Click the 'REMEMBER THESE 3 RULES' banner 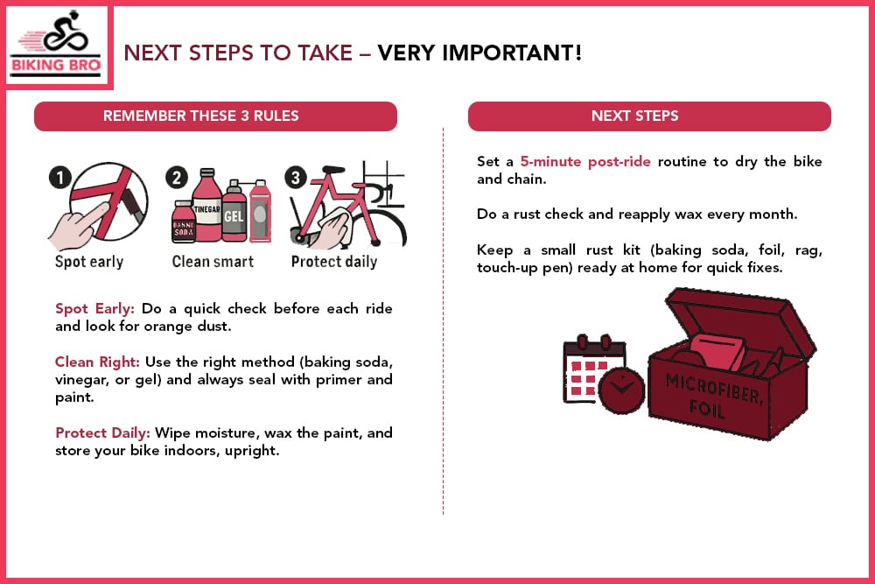215,116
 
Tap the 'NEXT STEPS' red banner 648,116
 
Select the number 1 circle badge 59,179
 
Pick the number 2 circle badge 178,179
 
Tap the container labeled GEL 234,215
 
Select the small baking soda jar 183,224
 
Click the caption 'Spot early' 89,262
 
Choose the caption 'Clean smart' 213,262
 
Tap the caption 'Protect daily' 333,262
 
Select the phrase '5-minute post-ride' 584,162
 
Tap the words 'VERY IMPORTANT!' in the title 479,53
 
